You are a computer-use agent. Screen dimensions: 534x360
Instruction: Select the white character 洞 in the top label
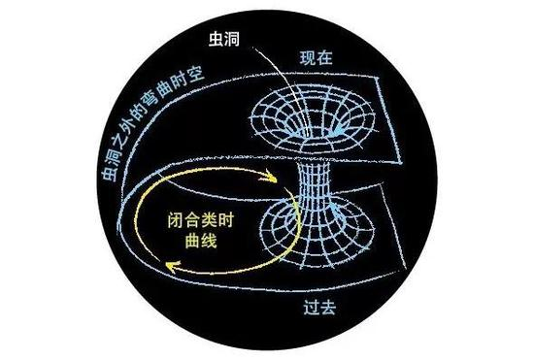(237, 43)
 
